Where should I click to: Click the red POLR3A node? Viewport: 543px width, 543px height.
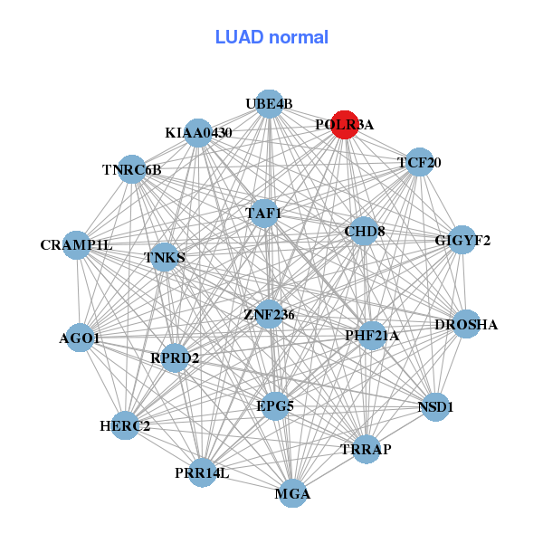point(345,124)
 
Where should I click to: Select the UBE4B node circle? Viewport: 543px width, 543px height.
point(269,104)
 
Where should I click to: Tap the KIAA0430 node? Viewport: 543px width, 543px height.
point(198,132)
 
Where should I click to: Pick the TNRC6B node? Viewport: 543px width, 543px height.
point(132,169)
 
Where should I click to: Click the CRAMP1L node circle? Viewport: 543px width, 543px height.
point(77,244)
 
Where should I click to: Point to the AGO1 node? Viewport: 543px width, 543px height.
point(81,338)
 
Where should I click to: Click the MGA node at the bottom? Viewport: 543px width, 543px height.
point(292,493)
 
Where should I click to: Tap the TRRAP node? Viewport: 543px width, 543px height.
point(366,449)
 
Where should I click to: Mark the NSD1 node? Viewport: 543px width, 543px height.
point(434,407)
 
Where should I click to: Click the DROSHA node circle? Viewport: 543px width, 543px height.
point(465,324)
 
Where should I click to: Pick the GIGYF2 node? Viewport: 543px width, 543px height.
point(462,240)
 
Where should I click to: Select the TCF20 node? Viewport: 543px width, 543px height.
point(419,163)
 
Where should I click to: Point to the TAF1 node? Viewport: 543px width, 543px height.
point(264,214)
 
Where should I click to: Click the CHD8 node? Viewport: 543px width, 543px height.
point(364,232)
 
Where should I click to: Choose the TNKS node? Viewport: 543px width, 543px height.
point(165,257)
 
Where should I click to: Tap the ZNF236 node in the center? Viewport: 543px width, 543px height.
point(270,314)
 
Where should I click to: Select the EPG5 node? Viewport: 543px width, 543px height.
point(275,405)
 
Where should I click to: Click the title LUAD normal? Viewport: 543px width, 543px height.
point(271,38)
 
